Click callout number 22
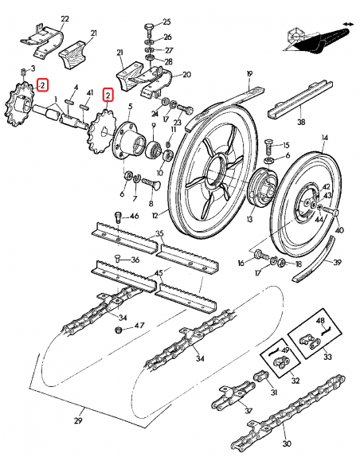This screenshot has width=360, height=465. pyautogui.click(x=65, y=18)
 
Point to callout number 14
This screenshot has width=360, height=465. pyautogui.click(x=324, y=138)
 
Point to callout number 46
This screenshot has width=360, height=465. pyautogui.click(x=134, y=217)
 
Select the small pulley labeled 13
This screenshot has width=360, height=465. pyautogui.click(x=259, y=193)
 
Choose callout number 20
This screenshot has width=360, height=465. pyautogui.click(x=187, y=75)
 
